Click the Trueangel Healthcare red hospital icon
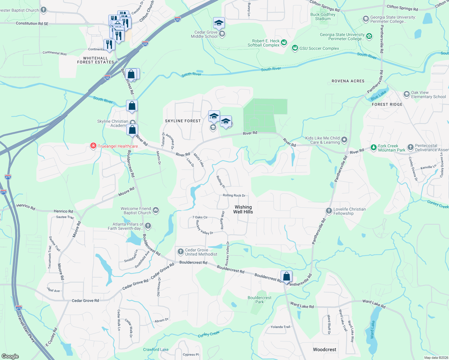(93, 146)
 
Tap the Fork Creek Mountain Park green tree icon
(373, 147)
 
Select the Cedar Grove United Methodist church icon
(180, 252)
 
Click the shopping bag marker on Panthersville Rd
(286, 276)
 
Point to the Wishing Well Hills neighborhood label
(243, 209)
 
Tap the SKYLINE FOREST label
(183, 121)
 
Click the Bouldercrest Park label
(259, 300)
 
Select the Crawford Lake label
(155, 349)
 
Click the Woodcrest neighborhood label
(324, 349)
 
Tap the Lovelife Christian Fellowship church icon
(329, 211)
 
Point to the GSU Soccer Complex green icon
(295, 48)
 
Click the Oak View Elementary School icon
(406, 94)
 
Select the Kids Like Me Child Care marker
(344, 140)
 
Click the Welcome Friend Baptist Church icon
(155, 210)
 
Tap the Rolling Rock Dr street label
(234, 195)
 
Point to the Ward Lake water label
(373, 329)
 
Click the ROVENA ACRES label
(348, 81)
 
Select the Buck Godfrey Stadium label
(323, 16)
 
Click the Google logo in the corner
(10, 356)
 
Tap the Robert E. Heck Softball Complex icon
(284, 43)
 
